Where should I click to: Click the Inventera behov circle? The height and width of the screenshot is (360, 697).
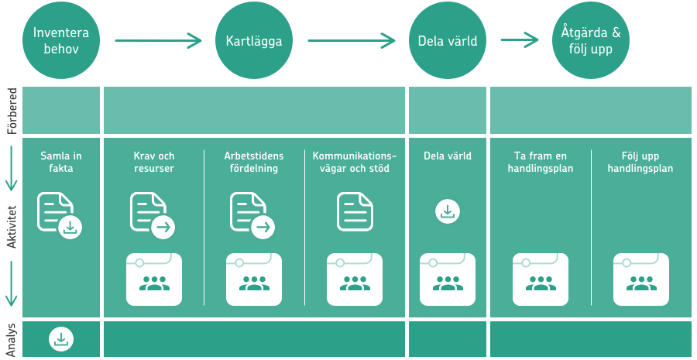61,41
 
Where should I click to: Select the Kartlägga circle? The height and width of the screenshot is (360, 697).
254,41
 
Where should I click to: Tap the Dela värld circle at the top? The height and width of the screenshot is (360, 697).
448,41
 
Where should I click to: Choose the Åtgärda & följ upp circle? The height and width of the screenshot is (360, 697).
591,41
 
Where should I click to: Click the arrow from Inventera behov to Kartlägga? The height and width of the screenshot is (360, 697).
158,41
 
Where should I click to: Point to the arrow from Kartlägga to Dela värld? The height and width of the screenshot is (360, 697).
351,41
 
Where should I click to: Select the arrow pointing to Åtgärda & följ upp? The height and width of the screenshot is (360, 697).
520,40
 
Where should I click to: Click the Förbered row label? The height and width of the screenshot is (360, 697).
12,111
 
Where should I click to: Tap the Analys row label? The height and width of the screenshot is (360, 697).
12,340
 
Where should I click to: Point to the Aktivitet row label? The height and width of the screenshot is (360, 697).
12,227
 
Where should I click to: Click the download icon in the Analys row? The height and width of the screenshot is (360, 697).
61,340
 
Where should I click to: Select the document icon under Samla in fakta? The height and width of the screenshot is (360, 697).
60,215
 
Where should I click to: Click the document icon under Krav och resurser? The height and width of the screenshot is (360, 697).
153,215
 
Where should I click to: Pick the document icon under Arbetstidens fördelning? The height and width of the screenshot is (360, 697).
252,215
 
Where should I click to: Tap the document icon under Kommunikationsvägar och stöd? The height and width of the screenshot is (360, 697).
355,211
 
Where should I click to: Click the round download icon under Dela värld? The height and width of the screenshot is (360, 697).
448,211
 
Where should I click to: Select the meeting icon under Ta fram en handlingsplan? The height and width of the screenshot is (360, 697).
541,279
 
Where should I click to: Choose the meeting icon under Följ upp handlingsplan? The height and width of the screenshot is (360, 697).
641,279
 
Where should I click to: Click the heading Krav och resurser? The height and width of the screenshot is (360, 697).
154,163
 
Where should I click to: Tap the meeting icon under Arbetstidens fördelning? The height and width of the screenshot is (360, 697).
254,279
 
